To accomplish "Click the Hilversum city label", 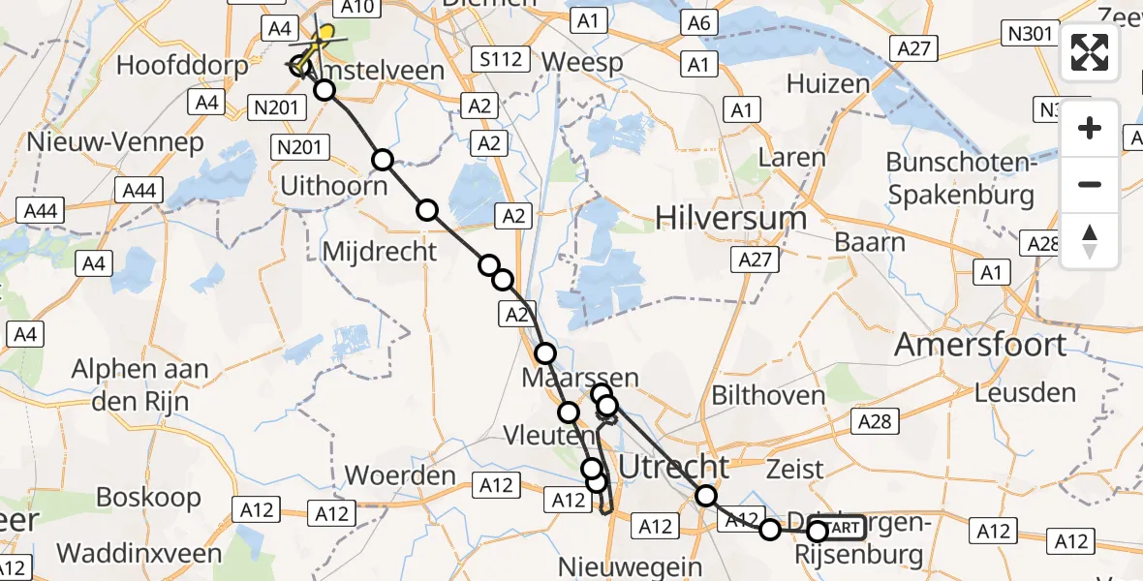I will pyautogui.click(x=730, y=218).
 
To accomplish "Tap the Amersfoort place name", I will pyautogui.click(x=980, y=345).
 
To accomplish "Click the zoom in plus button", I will pyautogui.click(x=1090, y=129).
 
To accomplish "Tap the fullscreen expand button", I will pyautogui.click(x=1090, y=52).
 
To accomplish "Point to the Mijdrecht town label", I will pyautogui.click(x=380, y=252).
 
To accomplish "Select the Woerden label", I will pyautogui.click(x=400, y=475).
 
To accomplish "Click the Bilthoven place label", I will pyautogui.click(x=768, y=395).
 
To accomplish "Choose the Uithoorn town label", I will pyautogui.click(x=333, y=184).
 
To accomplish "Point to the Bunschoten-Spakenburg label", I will pyautogui.click(x=960, y=178).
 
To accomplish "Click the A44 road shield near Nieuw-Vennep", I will pyautogui.click(x=139, y=191).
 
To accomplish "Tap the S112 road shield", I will pyautogui.click(x=502, y=60).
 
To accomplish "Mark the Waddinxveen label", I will pyautogui.click(x=139, y=553).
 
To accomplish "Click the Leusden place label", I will pyautogui.click(x=1025, y=393).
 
